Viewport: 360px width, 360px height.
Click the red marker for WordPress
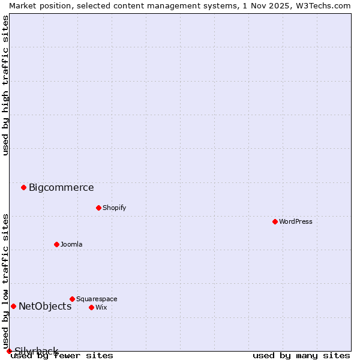(275, 221)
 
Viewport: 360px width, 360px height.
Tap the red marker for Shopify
(98, 208)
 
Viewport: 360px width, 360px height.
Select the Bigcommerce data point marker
(23, 187)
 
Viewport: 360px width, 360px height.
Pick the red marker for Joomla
(56, 244)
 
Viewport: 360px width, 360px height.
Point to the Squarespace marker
(72, 299)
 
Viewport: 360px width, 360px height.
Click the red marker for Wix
(91, 307)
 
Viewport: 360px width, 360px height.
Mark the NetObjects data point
(13, 306)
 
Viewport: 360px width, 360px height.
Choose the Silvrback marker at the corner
(9, 351)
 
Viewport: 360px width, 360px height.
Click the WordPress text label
(296, 221)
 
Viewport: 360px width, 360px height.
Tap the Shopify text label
(114, 208)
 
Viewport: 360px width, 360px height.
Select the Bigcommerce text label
(61, 187)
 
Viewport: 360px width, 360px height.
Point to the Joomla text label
(71, 244)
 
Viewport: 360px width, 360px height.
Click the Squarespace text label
(97, 299)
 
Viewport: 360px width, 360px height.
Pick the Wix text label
(101, 307)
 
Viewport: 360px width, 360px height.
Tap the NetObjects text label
(45, 306)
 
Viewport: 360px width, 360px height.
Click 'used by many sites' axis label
(301, 355)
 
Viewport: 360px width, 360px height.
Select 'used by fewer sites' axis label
(62, 355)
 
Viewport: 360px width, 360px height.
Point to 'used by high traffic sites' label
(5, 85)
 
